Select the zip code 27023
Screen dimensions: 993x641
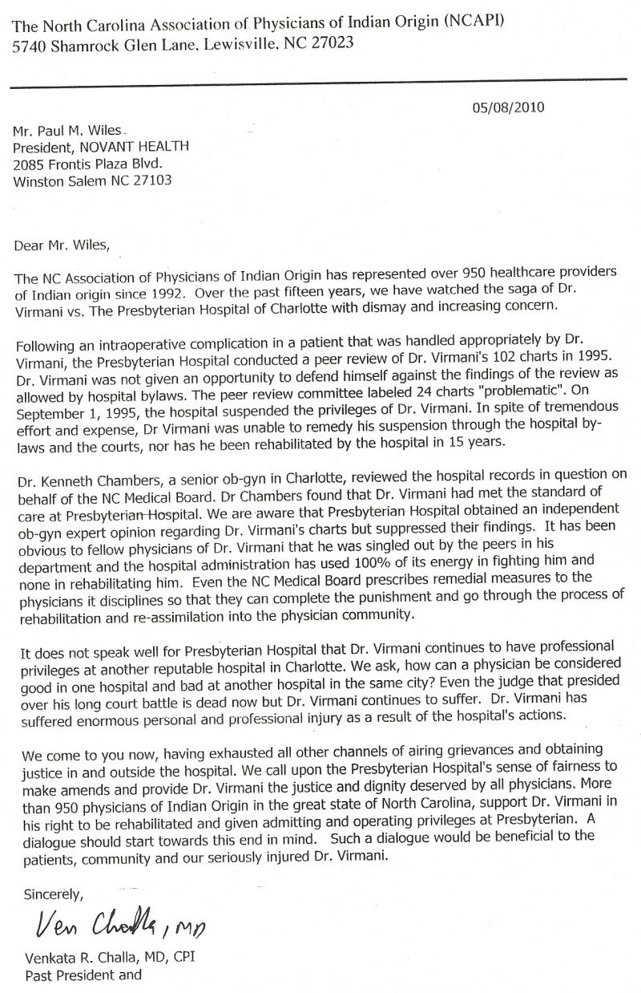click(332, 45)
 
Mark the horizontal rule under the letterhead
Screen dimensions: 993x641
click(320, 79)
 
